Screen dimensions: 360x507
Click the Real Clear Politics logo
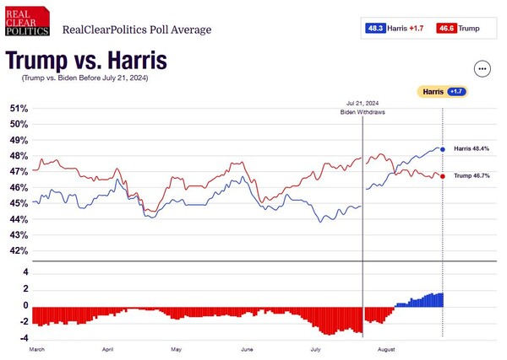point(27,24)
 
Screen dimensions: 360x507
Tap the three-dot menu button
point(482,69)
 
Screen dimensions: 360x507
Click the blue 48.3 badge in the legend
point(375,29)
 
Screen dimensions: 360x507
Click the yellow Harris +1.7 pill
point(444,91)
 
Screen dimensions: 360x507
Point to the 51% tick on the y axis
point(19,109)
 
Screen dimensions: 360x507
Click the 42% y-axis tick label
point(19,251)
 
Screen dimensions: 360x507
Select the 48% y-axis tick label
point(19,156)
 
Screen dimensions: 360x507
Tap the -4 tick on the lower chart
point(25,336)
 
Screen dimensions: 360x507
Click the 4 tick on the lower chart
point(26,272)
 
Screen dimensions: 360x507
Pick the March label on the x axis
point(37,347)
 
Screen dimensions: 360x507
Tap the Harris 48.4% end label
point(473,149)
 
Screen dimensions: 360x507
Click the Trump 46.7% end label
point(473,175)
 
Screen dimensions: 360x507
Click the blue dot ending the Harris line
point(443,149)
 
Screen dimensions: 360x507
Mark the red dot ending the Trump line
point(443,175)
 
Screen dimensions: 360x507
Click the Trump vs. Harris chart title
point(85,62)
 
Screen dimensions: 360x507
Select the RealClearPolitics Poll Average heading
point(137,30)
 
